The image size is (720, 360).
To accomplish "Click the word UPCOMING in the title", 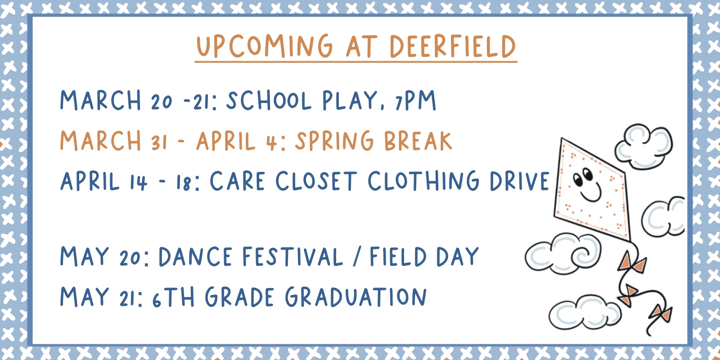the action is [x=264, y=46].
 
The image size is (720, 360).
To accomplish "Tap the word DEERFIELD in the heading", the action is [x=453, y=46].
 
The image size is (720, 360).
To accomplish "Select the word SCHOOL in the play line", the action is [x=269, y=100].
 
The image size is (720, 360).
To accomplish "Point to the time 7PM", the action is [x=415, y=100].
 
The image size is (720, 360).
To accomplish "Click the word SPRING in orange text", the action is [x=334, y=141].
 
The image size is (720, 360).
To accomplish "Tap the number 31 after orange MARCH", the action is [x=159, y=142].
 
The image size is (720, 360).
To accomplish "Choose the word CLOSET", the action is [x=316, y=180].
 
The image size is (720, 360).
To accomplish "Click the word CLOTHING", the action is [x=423, y=180].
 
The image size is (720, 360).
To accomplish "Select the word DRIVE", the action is [x=519, y=181].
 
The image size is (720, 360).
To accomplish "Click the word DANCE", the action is [x=195, y=256].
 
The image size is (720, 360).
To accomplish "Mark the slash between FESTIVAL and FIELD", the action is [x=356, y=256].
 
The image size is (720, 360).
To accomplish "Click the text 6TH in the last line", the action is [x=174, y=297].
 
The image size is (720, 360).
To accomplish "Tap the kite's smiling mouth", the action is [x=591, y=193].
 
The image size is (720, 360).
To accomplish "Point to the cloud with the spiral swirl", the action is [x=563, y=253].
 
